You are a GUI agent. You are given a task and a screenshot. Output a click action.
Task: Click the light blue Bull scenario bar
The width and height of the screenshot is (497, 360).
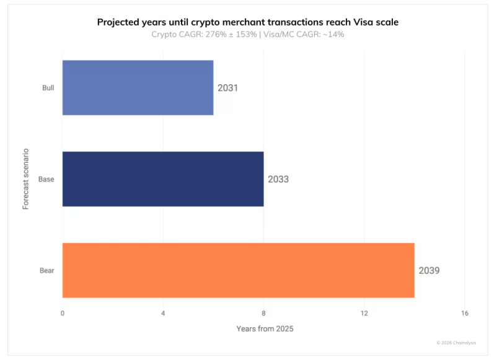tap(138, 87)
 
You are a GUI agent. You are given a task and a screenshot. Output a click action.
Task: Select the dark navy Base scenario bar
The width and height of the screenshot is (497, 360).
tap(163, 179)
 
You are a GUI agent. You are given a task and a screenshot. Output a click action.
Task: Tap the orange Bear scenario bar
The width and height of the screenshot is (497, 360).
tap(238, 270)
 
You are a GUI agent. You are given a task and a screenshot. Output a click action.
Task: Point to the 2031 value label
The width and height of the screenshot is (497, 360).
tap(227, 88)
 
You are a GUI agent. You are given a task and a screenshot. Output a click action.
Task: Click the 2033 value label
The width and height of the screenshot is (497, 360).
tap(278, 179)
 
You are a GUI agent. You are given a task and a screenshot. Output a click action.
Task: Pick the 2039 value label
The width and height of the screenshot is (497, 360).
tap(429, 270)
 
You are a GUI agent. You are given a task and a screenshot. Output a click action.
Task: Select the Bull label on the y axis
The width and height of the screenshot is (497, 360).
tap(48, 88)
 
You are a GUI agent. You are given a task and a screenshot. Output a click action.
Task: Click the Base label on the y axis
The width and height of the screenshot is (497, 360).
tap(46, 179)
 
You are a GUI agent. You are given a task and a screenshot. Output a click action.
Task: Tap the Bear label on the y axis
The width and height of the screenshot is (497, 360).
tap(47, 271)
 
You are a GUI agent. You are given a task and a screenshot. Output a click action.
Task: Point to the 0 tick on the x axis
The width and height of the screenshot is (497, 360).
tap(63, 314)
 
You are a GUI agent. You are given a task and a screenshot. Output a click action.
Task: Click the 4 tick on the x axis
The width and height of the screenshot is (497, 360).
tap(163, 314)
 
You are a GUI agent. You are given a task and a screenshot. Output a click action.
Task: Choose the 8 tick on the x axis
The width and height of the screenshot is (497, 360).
tap(264, 314)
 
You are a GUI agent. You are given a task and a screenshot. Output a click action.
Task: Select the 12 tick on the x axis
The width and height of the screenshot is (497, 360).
tap(364, 314)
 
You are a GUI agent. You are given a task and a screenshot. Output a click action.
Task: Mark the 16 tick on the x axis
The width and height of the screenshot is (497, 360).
tap(465, 314)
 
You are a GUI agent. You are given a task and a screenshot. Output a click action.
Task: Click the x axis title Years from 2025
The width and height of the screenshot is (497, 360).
tap(265, 328)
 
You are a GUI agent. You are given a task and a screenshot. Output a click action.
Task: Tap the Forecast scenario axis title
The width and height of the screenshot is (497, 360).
tap(26, 178)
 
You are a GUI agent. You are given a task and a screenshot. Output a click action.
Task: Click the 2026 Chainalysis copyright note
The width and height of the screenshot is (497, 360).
tap(456, 343)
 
